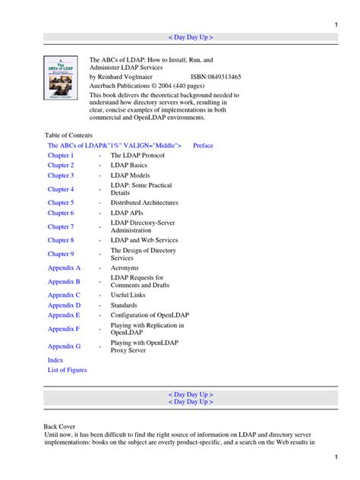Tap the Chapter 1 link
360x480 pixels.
61,155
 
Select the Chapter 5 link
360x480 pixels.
61,203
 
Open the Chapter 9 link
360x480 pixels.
61,254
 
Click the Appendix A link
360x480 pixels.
64,268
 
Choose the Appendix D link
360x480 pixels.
64,305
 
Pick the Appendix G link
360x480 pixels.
64,346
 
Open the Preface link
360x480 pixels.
203,145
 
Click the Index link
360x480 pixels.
55,360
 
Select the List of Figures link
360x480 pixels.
68,370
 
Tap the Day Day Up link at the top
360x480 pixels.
190,36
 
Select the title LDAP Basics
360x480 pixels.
129,165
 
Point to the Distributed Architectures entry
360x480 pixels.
144,203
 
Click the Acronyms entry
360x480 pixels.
125,268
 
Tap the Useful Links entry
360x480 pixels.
130,295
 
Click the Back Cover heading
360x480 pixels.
61,428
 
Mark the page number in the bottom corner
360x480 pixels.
336,457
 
